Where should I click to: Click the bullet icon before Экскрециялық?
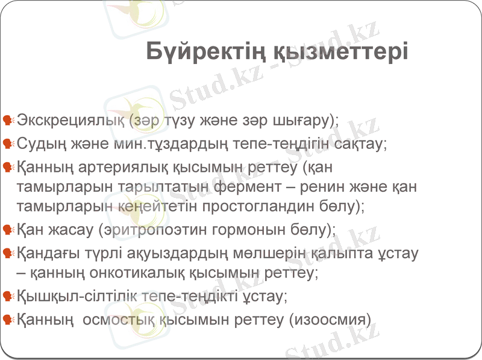coord(8,120)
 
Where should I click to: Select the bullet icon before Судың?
coord(8,144)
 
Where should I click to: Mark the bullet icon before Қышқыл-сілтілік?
coord(8,296)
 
